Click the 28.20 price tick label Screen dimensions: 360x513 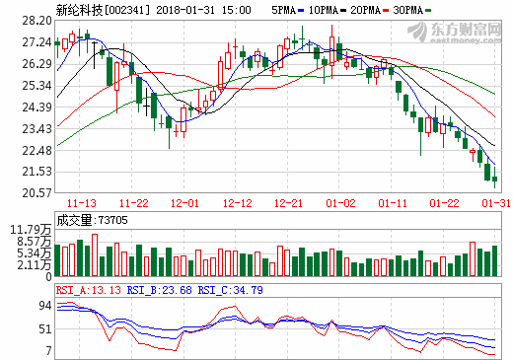37,20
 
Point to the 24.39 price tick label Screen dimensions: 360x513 37,107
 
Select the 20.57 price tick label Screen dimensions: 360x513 37,193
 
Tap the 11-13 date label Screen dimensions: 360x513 82,203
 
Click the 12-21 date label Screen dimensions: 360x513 289,203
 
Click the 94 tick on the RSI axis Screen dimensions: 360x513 44,307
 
